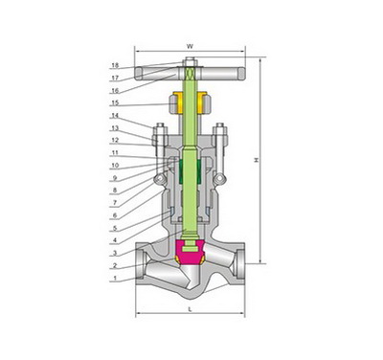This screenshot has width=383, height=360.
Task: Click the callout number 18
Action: pyautogui.click(x=115, y=65)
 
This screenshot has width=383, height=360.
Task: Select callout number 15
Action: pyautogui.click(x=115, y=103)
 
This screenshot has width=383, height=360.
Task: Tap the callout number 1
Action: pyautogui.click(x=116, y=279)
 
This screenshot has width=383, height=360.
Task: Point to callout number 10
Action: pyautogui.click(x=115, y=166)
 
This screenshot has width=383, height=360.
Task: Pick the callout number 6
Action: pyautogui.click(x=115, y=215)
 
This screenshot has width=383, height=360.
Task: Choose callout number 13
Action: pyautogui.click(x=115, y=128)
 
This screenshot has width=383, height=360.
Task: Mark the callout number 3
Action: pyautogui.click(x=115, y=253)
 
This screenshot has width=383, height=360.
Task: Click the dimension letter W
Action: pyautogui.click(x=190, y=47)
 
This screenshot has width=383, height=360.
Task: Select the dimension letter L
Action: pyautogui.click(x=191, y=309)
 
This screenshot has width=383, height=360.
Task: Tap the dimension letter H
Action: pyautogui.click(x=256, y=160)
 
